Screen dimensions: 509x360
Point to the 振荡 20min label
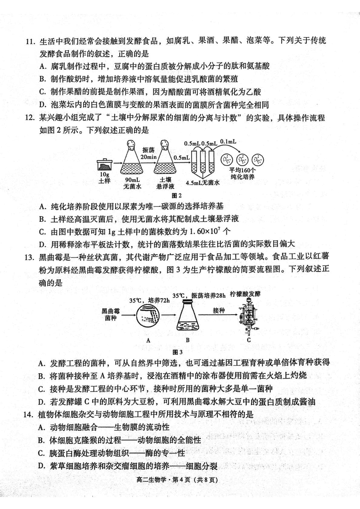point(148,153)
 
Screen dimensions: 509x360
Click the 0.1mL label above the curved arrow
point(228,142)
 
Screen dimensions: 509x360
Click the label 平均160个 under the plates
point(243,171)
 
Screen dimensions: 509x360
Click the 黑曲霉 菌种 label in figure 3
point(110,314)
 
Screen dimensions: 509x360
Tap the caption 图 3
point(177,351)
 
